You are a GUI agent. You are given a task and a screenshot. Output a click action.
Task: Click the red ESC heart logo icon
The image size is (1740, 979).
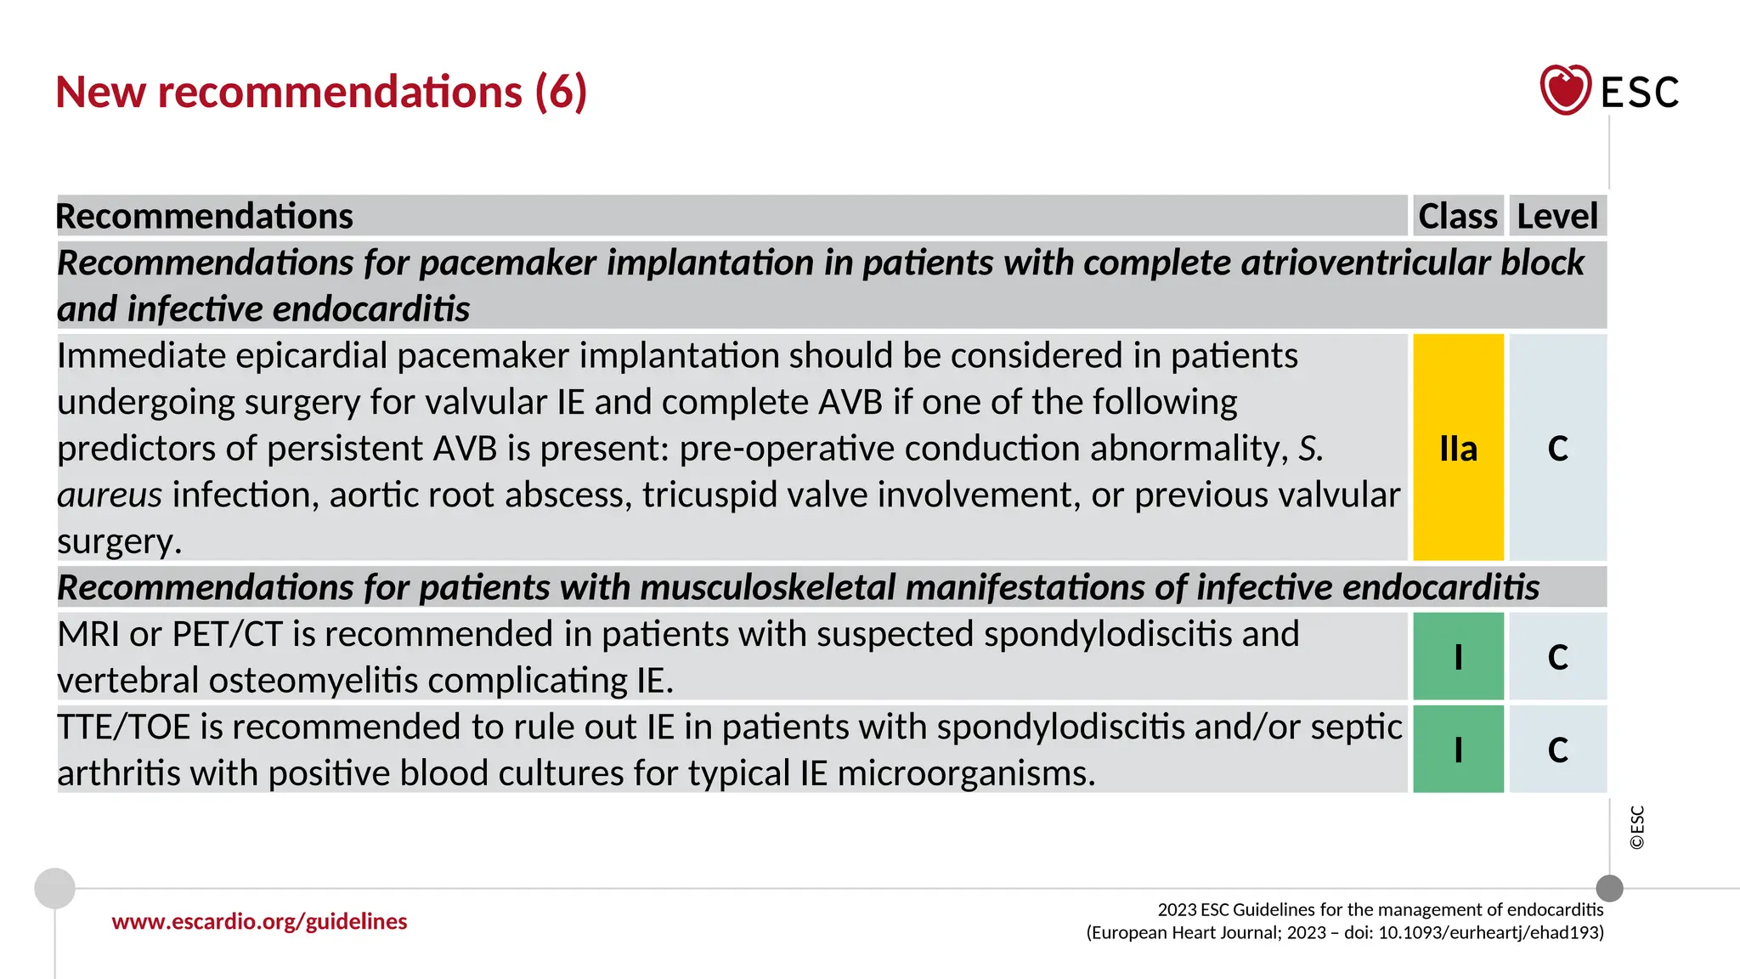1565,90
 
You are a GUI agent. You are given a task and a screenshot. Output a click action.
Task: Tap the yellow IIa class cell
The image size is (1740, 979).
1458,448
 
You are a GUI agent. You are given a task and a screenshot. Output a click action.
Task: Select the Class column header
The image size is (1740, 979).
1458,216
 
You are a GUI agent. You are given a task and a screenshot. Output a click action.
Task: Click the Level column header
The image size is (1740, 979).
1557,216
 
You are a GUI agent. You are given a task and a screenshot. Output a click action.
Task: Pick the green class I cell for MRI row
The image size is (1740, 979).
1458,657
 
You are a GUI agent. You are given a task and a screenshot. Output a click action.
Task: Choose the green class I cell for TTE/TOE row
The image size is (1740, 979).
1458,750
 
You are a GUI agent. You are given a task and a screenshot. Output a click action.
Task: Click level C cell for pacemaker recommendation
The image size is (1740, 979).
1557,448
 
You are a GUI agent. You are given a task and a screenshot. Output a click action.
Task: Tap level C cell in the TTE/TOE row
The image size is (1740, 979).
1557,750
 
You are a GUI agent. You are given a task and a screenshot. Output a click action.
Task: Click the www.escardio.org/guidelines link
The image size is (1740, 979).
259,921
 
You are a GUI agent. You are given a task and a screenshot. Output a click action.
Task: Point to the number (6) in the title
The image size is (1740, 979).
561,92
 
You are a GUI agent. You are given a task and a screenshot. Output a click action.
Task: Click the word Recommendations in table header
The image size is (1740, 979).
204,216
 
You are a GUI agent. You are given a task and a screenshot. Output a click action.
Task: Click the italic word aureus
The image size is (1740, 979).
110,495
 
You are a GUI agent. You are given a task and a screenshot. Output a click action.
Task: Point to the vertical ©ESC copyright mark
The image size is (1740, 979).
1637,827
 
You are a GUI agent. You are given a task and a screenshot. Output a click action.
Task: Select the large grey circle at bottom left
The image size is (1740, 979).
55,888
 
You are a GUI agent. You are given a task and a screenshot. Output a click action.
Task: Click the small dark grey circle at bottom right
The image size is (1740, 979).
1609,888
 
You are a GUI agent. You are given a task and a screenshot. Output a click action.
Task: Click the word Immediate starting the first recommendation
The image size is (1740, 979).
141,355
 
